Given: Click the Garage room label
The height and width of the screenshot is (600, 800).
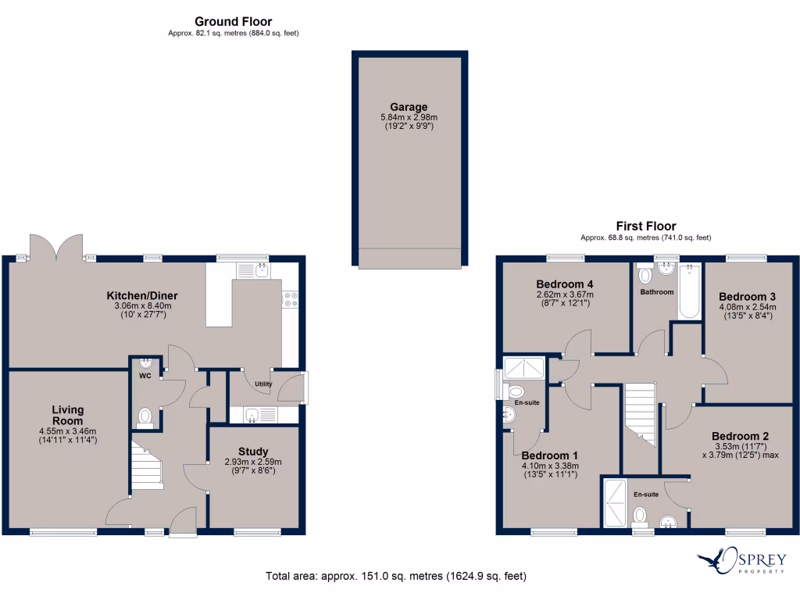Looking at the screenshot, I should [x=409, y=108].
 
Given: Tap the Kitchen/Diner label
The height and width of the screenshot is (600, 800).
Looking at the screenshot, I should [x=142, y=295].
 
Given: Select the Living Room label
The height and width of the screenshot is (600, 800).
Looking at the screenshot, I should [x=68, y=415].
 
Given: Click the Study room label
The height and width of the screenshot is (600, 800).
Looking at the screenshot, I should [x=253, y=452].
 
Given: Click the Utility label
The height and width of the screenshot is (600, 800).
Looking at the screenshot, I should [x=263, y=384].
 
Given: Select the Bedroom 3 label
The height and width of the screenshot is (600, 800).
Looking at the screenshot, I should [x=747, y=297].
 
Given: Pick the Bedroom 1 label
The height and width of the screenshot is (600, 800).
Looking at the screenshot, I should [x=549, y=455].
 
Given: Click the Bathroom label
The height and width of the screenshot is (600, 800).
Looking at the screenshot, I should [x=657, y=292].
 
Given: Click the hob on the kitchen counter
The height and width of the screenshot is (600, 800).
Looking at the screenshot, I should [x=290, y=298].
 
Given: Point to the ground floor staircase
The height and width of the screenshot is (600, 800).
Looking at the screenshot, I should [x=146, y=467].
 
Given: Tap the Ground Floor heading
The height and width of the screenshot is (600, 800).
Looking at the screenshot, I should [x=233, y=22].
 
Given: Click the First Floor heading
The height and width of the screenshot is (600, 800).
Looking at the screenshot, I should [x=645, y=227].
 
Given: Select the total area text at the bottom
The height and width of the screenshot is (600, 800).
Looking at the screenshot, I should [x=396, y=577].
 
